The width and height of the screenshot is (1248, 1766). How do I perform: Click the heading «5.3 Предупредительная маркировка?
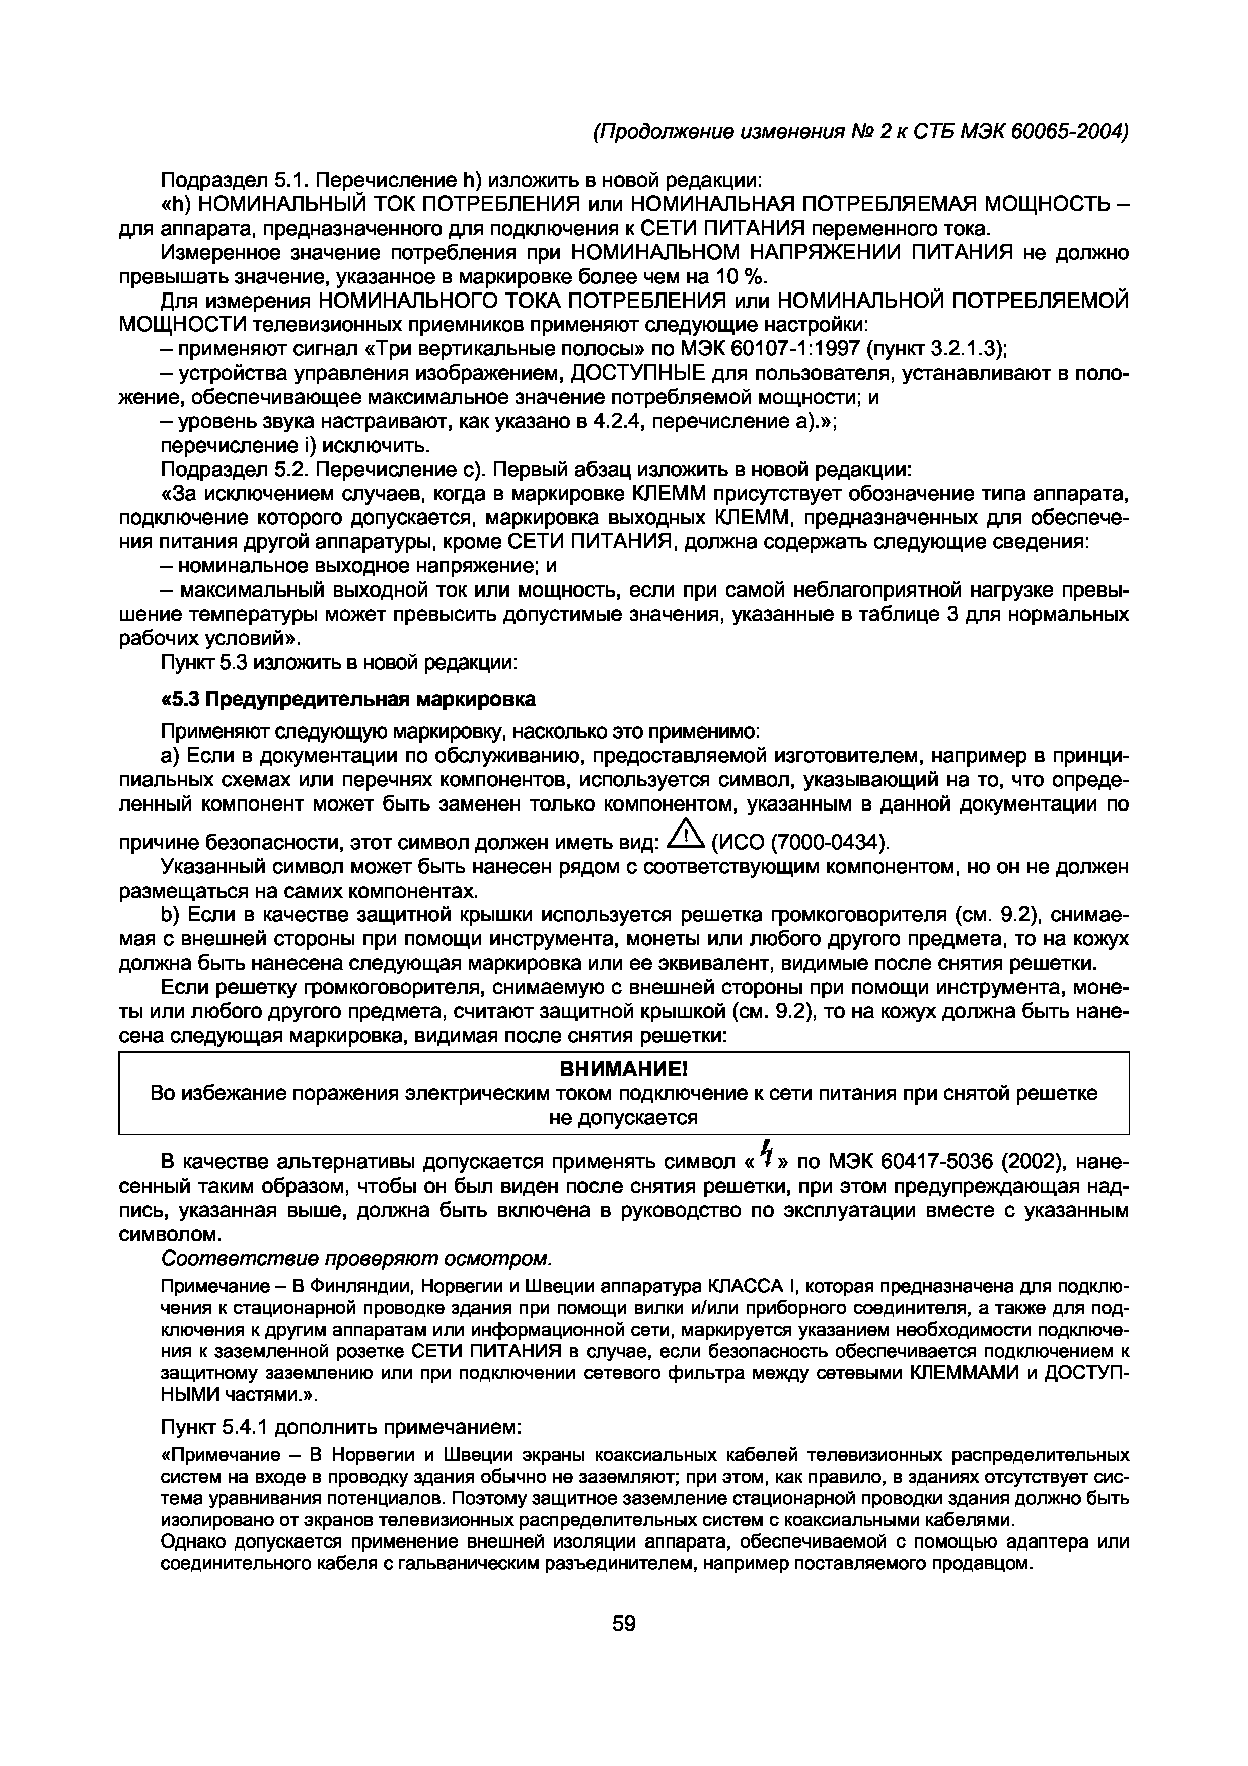click(347, 699)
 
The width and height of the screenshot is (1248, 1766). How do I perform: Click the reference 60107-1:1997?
click(793, 349)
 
